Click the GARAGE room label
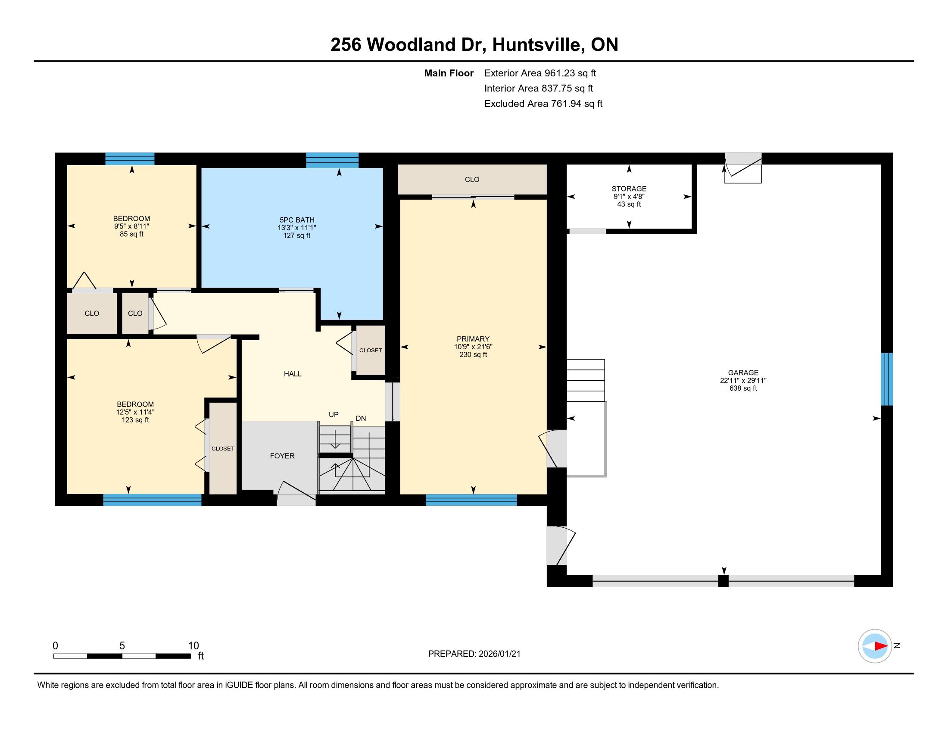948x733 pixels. coord(743,373)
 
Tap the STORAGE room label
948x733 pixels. coord(629,188)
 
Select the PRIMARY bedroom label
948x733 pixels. coord(473,339)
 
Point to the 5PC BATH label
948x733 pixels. coord(297,220)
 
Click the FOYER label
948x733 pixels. coord(282,456)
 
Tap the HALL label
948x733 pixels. coord(293,374)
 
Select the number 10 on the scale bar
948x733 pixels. coord(193,646)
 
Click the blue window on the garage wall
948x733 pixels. coord(887,379)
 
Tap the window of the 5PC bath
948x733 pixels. coord(333,160)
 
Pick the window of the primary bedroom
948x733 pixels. coord(471,500)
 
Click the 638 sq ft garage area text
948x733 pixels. coord(743,388)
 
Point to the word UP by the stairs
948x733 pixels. coord(334,414)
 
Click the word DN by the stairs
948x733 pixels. coord(361,418)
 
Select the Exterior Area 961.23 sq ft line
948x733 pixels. coord(540,73)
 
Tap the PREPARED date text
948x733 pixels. coord(474,654)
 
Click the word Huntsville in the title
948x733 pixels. coord(537,45)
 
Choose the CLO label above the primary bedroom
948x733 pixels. coord(472,179)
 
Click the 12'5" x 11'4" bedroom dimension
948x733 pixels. coord(135,412)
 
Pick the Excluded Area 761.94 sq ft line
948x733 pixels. coord(543,104)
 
